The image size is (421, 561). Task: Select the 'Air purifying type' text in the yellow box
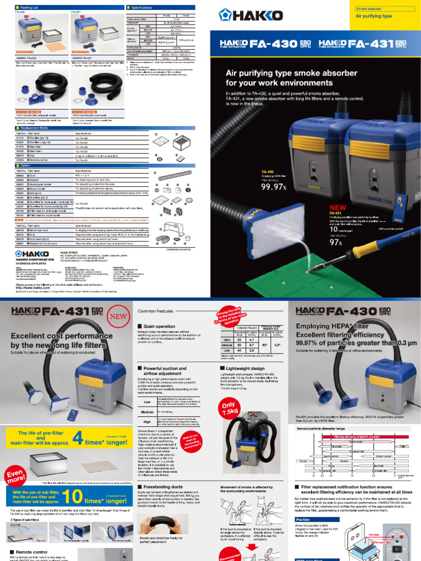(x=374, y=16)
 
